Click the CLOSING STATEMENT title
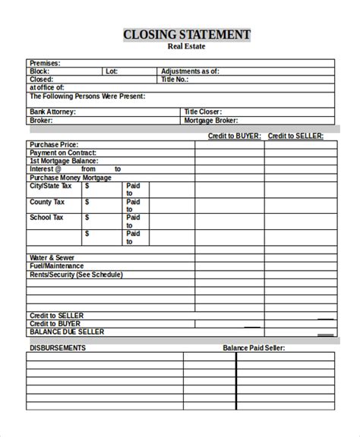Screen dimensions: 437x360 186,35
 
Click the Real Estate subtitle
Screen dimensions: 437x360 186,47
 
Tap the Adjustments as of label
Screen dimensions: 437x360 190,71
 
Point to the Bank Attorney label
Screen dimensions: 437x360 53,112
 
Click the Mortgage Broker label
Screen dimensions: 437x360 211,120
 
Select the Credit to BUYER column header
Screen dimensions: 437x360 235,136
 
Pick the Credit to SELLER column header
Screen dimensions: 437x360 295,136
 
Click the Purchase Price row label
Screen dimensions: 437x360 54,144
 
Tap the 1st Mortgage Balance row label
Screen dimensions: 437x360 62,161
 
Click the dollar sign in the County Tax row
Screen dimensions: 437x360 87,203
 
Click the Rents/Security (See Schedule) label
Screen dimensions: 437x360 75,275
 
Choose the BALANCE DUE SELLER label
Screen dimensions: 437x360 66,332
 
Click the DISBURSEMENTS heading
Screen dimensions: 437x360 57,347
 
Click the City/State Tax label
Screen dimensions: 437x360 50,186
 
